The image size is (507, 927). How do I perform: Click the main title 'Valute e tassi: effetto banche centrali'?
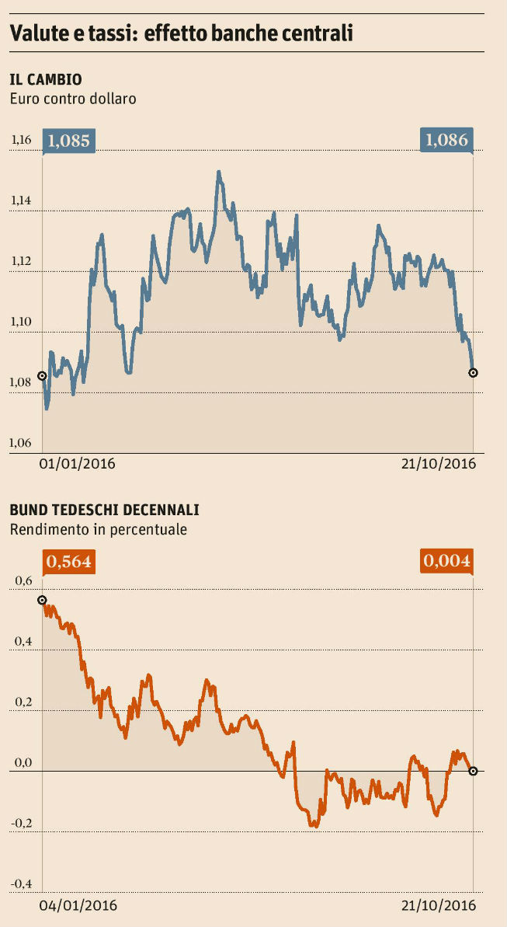[x=182, y=33]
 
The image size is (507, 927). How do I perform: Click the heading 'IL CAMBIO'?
[x=46, y=79]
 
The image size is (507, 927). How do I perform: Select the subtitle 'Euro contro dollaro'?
[x=73, y=99]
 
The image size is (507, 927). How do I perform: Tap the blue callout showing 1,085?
[x=69, y=141]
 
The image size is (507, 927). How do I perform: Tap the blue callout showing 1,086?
[x=446, y=141]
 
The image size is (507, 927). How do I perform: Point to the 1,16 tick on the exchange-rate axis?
[x=21, y=141]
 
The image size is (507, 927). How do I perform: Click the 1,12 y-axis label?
[x=21, y=261]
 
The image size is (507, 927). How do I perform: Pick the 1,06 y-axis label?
[x=21, y=443]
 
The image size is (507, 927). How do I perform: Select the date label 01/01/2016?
[x=77, y=464]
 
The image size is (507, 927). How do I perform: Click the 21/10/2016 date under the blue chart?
[x=439, y=464]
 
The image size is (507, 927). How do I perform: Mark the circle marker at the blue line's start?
[x=42, y=376]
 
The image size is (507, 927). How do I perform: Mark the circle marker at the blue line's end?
[x=474, y=373]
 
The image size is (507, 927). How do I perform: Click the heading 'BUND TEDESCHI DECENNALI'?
[x=104, y=511]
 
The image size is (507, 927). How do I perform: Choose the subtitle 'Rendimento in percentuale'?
[x=98, y=530]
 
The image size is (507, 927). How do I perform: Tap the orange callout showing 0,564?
[x=69, y=561]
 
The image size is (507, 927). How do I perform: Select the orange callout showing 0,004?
[x=446, y=561]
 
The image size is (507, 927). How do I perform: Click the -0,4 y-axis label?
[x=21, y=883]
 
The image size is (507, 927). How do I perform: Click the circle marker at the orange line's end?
[x=473, y=771]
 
